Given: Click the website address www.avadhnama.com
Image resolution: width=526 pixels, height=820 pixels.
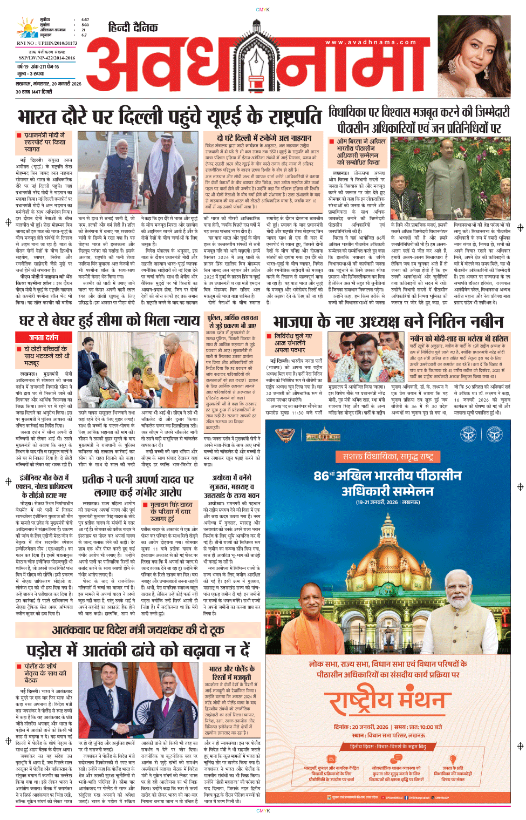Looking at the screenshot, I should (x=371, y=42).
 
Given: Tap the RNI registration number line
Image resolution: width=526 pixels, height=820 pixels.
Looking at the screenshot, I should (x=47, y=43).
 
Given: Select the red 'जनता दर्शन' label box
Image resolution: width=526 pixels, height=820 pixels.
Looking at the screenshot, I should (x=44, y=337).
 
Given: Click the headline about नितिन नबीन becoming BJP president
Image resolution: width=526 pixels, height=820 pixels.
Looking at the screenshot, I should (x=388, y=322).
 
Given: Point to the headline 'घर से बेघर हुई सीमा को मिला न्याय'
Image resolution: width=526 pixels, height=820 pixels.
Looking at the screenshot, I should (x=110, y=322).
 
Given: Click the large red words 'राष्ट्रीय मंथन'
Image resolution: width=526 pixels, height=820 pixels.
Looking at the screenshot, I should (x=388, y=700).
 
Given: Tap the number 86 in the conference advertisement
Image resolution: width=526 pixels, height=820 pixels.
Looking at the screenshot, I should (x=322, y=476).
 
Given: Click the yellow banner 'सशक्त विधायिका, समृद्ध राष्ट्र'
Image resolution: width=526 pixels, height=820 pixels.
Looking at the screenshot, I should (x=388, y=457).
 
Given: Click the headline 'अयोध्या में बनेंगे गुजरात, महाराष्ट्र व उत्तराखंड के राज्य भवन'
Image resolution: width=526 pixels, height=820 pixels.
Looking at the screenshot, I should (x=231, y=486).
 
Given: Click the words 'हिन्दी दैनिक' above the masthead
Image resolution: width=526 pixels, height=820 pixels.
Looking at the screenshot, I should (x=133, y=28).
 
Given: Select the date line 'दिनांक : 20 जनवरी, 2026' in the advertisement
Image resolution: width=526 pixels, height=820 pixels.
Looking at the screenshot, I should (x=360, y=727).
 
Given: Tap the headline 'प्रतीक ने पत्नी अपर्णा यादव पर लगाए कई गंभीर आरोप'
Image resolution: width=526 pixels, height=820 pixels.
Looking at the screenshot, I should (x=138, y=486).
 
